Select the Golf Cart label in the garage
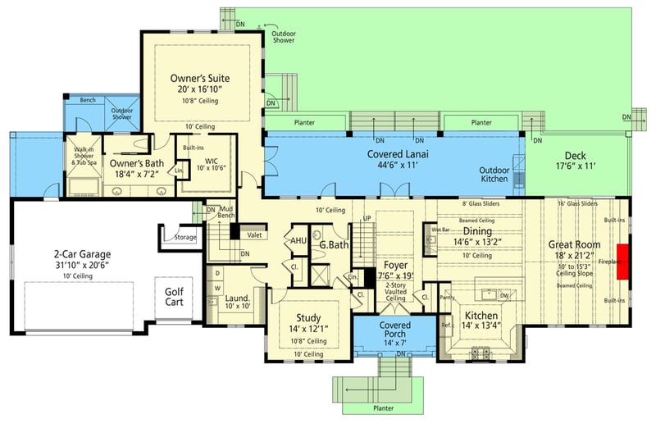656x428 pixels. (x=174, y=297)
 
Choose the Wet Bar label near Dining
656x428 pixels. (x=441, y=230)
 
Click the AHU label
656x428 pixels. (x=298, y=241)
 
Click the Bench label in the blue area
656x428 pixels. (x=88, y=101)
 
